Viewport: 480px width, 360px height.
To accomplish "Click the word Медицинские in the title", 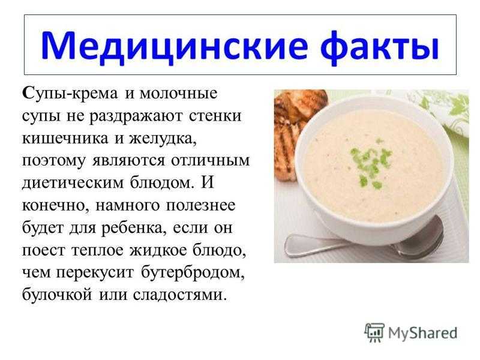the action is [x=173, y=47].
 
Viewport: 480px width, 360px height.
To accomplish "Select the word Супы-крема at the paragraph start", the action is [x=70, y=94].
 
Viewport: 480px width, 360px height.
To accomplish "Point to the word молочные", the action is [x=178, y=93].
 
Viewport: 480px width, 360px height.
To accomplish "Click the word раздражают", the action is [x=136, y=116].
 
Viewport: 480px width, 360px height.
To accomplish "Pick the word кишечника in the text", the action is [x=65, y=139].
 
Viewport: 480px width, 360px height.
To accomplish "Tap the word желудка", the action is [x=163, y=139].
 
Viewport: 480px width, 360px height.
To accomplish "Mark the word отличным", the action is [x=211, y=161].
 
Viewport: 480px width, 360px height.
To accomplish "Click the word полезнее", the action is [x=200, y=206].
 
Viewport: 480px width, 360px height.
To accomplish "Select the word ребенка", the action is [x=134, y=229].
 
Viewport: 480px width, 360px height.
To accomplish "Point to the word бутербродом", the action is [x=193, y=273].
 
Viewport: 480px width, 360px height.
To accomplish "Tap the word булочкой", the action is [x=57, y=295].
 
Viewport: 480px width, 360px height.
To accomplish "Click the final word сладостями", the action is [x=181, y=295].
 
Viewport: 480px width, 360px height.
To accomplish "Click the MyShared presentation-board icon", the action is [x=374, y=332].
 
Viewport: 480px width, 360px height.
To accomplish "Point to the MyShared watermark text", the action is [x=422, y=333].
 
